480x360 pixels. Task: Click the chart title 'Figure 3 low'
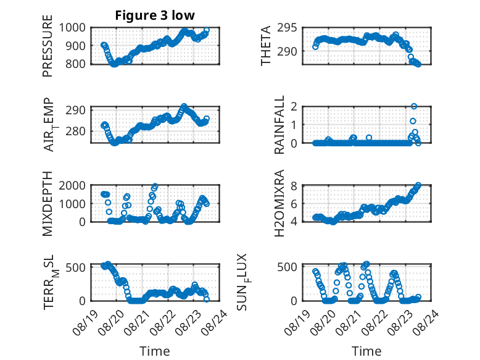point(155,15)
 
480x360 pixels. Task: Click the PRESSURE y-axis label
point(48,46)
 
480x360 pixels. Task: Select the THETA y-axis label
point(266,46)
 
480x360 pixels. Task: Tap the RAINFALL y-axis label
point(279,125)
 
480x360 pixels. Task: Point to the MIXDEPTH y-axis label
point(48,204)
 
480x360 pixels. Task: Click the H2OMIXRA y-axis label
point(279,203)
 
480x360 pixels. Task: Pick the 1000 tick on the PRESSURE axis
point(72,28)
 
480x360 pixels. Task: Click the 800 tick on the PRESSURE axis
point(75,64)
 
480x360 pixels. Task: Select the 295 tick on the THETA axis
point(287,28)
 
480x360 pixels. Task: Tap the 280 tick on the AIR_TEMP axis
point(75,131)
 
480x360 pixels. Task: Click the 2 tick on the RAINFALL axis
point(294,107)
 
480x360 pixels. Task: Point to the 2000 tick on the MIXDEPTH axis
point(72,185)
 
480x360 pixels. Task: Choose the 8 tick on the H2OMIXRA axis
point(294,186)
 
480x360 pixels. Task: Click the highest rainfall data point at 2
point(414,106)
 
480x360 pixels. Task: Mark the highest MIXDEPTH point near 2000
point(155,186)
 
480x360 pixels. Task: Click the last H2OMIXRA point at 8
point(418,185)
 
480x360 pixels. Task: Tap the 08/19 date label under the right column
point(296,322)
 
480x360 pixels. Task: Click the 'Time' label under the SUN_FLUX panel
point(366,351)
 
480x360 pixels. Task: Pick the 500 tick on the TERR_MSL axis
point(75,267)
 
